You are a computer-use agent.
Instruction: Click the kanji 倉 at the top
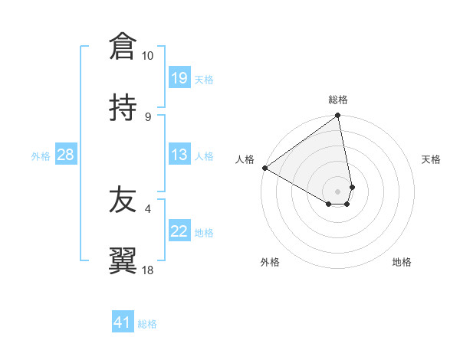(x=122, y=47)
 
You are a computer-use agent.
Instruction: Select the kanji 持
(x=122, y=107)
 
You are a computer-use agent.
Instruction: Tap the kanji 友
(x=122, y=201)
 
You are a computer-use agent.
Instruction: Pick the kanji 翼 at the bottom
(x=122, y=261)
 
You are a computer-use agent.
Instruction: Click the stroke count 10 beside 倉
(x=147, y=56)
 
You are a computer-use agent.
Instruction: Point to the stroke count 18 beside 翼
(x=147, y=270)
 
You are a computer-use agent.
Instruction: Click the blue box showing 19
(x=179, y=78)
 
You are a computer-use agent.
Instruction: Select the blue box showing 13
(x=179, y=155)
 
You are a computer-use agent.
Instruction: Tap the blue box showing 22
(x=179, y=232)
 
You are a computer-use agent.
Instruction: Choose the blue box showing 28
(x=65, y=155)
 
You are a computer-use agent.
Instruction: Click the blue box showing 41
(x=123, y=323)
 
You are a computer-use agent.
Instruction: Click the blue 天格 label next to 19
(x=204, y=79)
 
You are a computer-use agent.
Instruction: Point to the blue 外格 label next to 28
(x=41, y=156)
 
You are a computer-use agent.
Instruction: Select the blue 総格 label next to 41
(x=147, y=324)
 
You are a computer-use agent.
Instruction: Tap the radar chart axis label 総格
(x=338, y=100)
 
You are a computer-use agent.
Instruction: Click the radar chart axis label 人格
(x=245, y=159)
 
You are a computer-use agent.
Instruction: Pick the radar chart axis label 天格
(x=431, y=159)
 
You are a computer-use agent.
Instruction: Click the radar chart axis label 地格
(x=402, y=262)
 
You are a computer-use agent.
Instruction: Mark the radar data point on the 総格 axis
(x=338, y=116)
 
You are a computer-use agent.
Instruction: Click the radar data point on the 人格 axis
(x=264, y=168)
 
